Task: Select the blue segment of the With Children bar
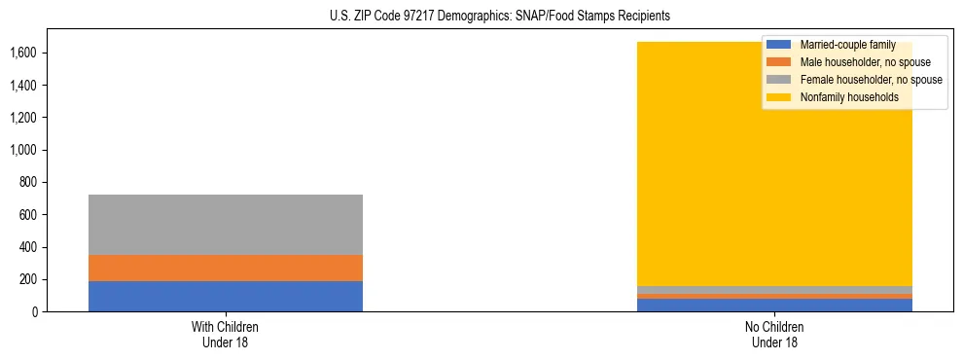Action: coord(226,296)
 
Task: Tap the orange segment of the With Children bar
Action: coord(226,268)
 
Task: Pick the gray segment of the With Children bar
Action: coord(226,225)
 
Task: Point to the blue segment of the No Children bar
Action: coord(775,306)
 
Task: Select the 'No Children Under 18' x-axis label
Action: coord(775,335)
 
